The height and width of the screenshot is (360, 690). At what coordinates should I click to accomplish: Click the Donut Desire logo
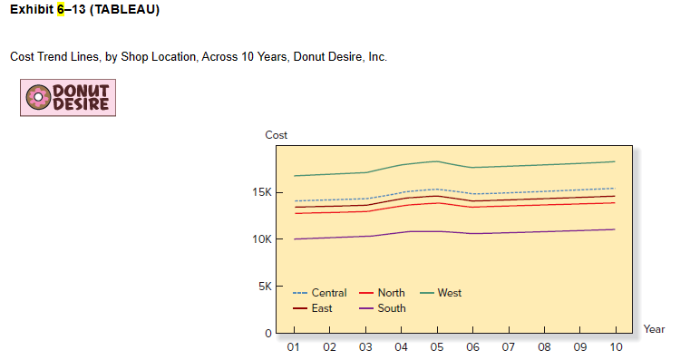pyautogui.click(x=68, y=97)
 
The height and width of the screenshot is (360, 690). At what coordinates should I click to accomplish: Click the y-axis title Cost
pyautogui.click(x=277, y=135)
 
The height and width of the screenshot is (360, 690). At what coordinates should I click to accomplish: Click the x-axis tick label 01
pyautogui.click(x=294, y=347)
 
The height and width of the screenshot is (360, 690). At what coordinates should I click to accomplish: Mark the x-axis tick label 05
pyautogui.click(x=437, y=347)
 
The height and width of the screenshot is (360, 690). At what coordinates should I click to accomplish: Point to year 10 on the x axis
pyautogui.click(x=616, y=347)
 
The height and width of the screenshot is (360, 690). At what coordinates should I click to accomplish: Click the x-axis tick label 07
pyautogui.click(x=509, y=347)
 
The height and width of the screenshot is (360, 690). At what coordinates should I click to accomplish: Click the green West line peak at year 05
pyautogui.click(x=437, y=161)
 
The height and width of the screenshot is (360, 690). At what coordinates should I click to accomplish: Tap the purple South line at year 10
pyautogui.click(x=615, y=229)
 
